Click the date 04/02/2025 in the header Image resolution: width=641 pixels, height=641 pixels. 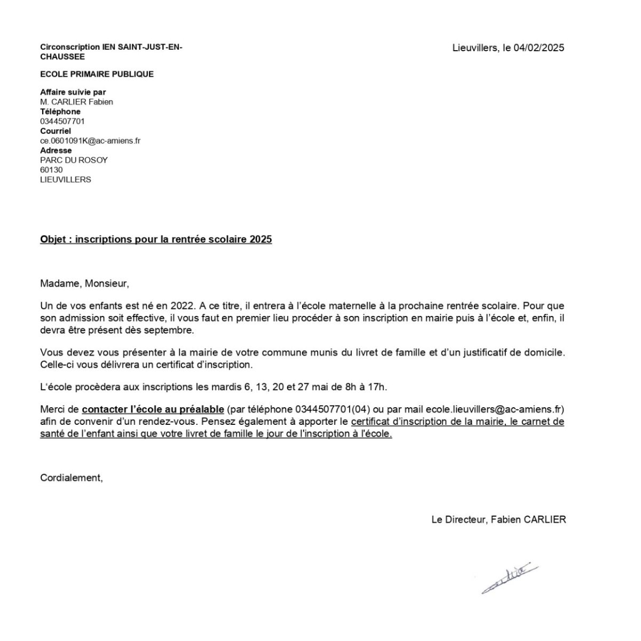click(x=539, y=48)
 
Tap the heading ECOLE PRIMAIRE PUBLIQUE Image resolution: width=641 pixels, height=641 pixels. click(x=97, y=74)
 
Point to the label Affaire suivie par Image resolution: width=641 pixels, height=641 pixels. click(x=73, y=92)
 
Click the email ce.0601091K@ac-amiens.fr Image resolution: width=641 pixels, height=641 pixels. click(x=90, y=141)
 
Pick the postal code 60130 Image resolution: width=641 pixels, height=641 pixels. click(x=51, y=170)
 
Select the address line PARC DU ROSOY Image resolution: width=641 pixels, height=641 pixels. click(x=74, y=160)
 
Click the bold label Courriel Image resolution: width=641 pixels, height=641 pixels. click(x=56, y=131)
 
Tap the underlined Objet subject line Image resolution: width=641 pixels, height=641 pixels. click(x=156, y=239)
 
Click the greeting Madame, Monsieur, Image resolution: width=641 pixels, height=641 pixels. click(x=84, y=283)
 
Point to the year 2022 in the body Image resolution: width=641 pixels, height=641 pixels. click(x=182, y=306)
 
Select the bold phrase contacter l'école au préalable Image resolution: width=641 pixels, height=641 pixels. click(x=153, y=409)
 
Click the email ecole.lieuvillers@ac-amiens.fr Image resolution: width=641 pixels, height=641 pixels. click(x=494, y=409)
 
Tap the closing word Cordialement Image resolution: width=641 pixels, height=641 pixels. click(x=71, y=478)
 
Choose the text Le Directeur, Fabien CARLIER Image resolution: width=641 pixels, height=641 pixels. click(x=498, y=519)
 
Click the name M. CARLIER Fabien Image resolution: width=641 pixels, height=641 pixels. click(x=76, y=102)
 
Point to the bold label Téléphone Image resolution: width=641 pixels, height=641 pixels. click(x=60, y=112)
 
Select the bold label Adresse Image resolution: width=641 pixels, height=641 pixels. click(x=56, y=151)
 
